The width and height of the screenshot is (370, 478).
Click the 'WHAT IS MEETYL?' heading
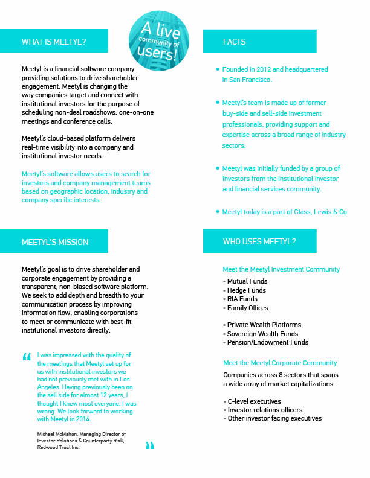tap(54, 42)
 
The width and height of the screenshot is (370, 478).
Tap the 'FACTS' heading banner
tap(234, 42)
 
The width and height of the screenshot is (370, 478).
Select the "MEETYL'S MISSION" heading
tap(54, 242)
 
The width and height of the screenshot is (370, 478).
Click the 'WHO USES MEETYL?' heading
tap(259, 242)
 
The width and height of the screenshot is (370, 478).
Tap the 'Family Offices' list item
tap(247, 308)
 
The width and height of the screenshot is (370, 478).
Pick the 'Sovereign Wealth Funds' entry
tap(262, 334)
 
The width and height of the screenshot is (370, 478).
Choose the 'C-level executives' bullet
tap(254, 401)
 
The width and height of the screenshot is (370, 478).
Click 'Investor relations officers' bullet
tap(265, 410)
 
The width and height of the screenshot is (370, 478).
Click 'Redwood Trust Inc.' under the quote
tap(58, 448)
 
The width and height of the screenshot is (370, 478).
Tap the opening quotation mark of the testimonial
tap(26, 357)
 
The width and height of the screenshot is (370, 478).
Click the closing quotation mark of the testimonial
tap(150, 446)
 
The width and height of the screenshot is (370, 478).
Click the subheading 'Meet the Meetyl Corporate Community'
tap(280, 363)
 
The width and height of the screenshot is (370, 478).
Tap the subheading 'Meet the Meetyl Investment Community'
tap(281, 269)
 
